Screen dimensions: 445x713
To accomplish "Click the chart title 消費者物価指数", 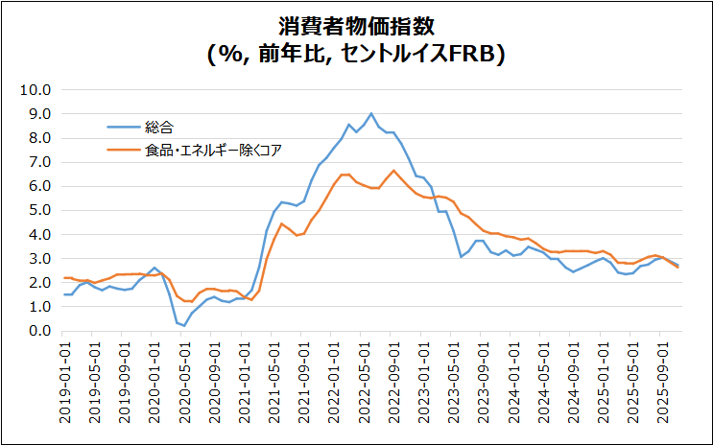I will (x=356, y=25).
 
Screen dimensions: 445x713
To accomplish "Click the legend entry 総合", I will (x=159, y=127).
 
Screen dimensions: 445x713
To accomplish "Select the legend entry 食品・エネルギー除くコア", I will (x=213, y=150).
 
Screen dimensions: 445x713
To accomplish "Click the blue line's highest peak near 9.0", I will (x=371, y=113).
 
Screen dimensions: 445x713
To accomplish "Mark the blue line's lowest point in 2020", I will (x=184, y=326).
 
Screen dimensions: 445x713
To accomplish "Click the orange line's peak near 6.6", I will (x=393, y=171).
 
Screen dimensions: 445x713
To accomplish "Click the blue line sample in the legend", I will (x=122, y=127).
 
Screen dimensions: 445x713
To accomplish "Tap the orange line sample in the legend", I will (x=122, y=150).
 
